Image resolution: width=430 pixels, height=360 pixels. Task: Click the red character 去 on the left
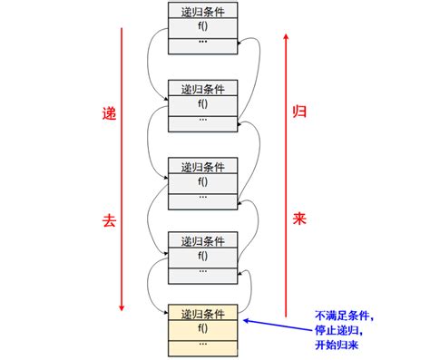pyautogui.click(x=110, y=220)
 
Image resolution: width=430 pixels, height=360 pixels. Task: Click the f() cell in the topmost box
pyautogui.click(x=203, y=26)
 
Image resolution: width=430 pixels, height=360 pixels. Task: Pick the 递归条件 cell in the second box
pyautogui.click(x=203, y=89)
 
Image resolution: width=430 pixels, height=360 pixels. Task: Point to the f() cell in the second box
pyautogui.click(x=203, y=103)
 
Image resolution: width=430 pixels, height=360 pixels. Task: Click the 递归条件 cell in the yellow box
pyautogui.click(x=203, y=315)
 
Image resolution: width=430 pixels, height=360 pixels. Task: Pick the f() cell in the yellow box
pyautogui.click(x=203, y=329)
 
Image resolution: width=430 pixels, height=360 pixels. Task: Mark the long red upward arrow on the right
pyautogui.click(x=286, y=172)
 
